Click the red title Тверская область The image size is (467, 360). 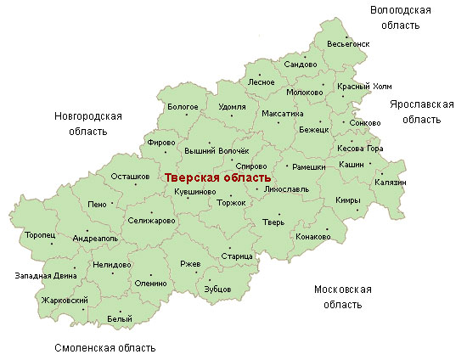(217, 178)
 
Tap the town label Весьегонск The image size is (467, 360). (347, 43)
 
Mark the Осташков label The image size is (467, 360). (130, 177)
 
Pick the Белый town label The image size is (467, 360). (120, 319)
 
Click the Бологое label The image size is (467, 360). (183, 107)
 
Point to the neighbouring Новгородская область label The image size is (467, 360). (88, 123)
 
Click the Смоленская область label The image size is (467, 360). (104, 348)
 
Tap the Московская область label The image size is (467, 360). (343, 296)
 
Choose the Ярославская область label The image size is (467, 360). (421, 111)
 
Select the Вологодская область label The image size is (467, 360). (401, 17)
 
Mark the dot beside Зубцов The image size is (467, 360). (218, 279)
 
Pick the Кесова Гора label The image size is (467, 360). (361, 149)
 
